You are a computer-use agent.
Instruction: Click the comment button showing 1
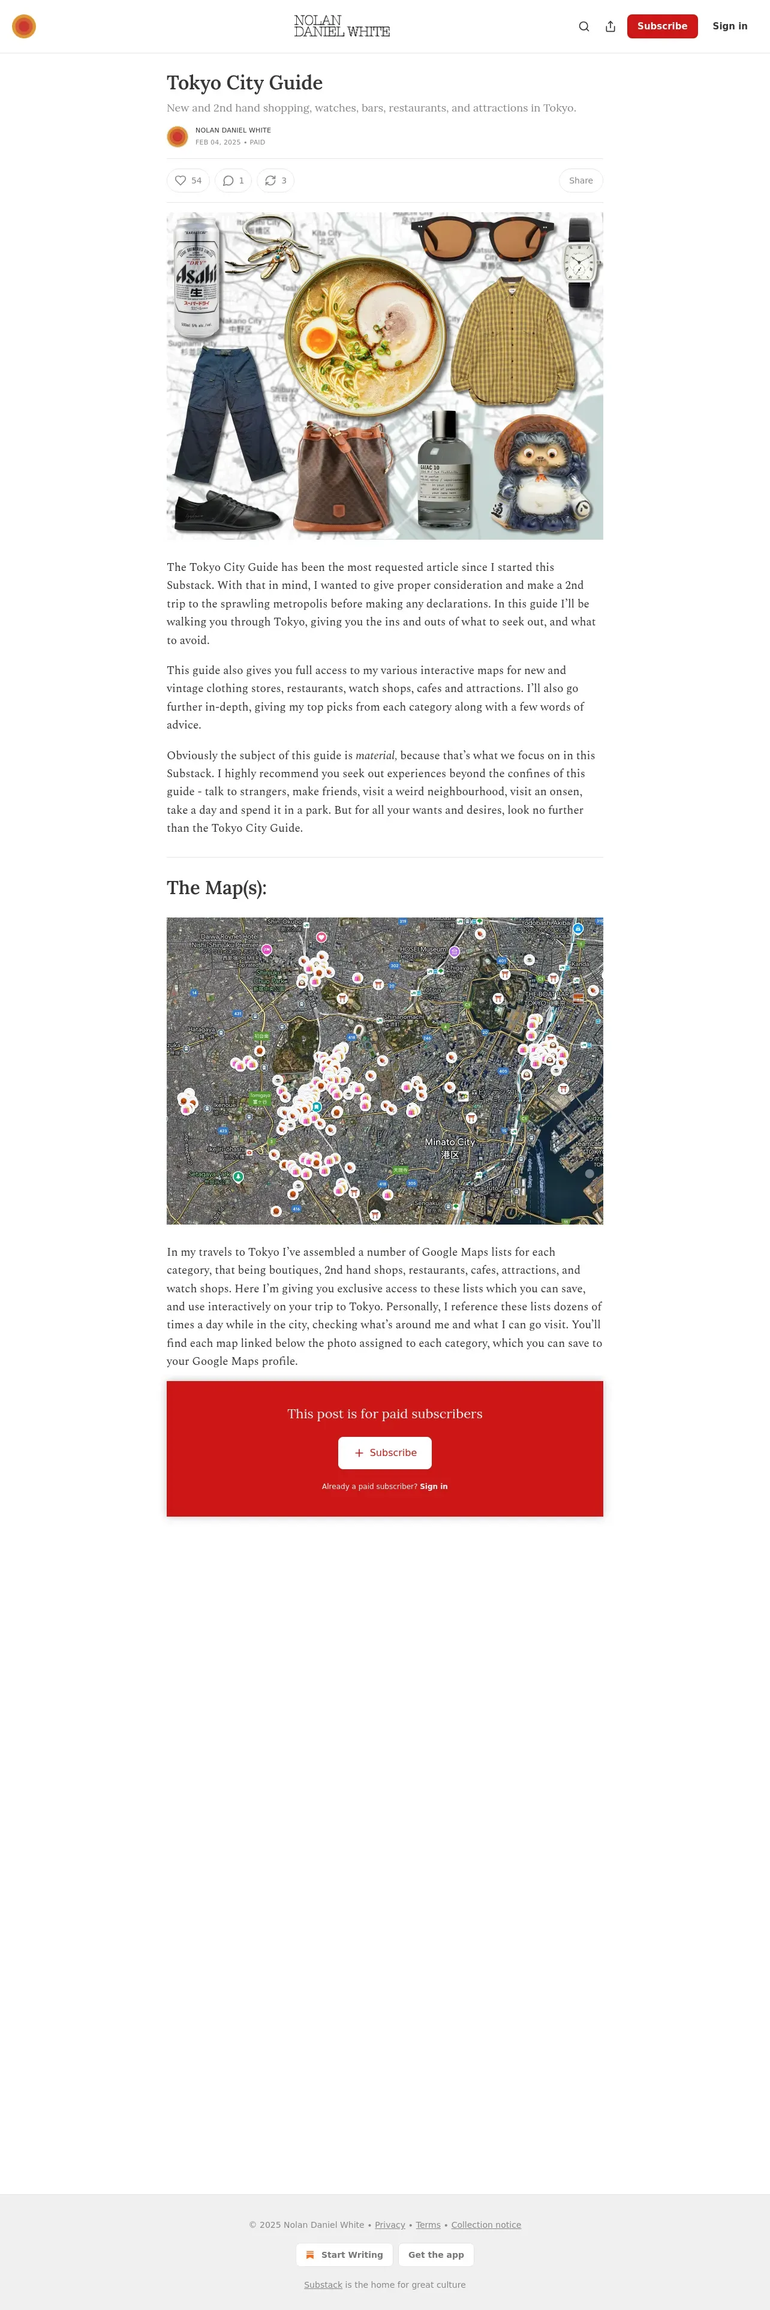[x=233, y=181]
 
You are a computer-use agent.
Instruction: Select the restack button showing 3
[x=275, y=181]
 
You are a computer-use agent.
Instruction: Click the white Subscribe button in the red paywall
[x=384, y=1452]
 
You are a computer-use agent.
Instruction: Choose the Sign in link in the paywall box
[x=434, y=1487]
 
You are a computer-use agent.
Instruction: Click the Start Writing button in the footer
[x=344, y=2254]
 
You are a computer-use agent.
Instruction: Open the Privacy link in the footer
[x=390, y=2225]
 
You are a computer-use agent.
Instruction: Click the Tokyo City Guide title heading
[x=245, y=83]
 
